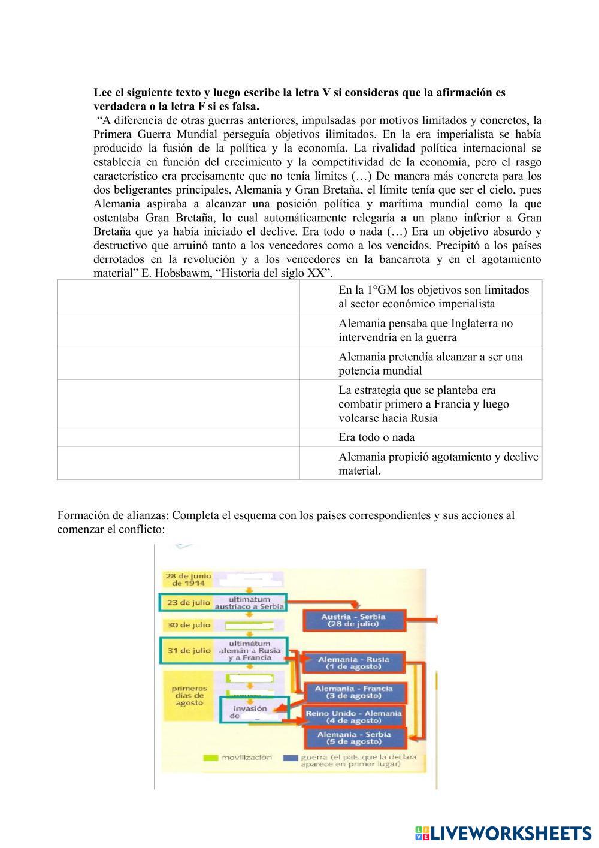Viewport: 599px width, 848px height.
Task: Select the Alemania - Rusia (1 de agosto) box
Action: tap(353, 662)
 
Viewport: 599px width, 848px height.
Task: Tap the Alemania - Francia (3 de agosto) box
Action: tap(353, 692)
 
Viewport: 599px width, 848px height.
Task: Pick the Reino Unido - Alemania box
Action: tap(353, 717)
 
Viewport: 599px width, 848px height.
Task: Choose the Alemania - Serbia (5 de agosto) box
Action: tap(353, 738)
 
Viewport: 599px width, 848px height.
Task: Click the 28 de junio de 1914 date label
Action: tap(188, 579)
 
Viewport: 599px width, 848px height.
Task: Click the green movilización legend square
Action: tap(210, 758)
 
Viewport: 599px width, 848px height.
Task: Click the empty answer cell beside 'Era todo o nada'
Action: tap(179, 437)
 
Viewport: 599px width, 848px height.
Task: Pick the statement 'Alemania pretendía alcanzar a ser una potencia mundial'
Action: tap(430, 363)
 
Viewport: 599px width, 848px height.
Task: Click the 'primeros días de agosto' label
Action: tap(189, 696)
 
